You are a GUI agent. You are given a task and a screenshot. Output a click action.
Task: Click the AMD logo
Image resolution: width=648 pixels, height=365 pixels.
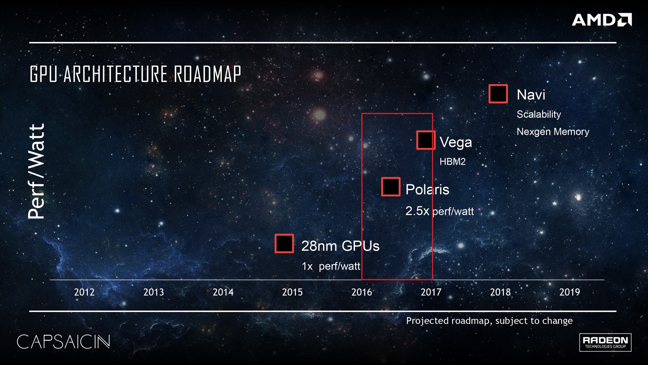(602, 20)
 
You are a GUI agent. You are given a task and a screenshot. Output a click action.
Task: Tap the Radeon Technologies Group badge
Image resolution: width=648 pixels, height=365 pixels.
(605, 342)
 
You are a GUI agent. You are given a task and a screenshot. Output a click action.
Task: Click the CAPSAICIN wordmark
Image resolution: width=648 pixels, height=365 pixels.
(64, 342)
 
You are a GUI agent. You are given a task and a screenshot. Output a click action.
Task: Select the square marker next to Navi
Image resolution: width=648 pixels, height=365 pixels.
(498, 94)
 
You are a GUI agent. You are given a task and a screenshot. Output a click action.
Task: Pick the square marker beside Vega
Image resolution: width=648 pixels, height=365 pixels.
(426, 140)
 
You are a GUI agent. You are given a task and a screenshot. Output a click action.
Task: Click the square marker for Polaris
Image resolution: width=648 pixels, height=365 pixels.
(391, 187)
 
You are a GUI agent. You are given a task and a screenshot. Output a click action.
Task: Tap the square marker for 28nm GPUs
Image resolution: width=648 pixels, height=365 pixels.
(284, 243)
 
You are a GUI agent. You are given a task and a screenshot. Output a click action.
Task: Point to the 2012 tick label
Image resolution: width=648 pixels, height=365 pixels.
(84, 292)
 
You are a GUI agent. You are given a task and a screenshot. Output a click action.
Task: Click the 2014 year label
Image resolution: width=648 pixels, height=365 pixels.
(223, 292)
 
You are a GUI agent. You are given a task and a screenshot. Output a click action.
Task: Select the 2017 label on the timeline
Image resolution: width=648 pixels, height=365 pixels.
(431, 292)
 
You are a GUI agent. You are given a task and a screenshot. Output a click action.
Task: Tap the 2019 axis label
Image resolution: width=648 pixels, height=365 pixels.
(569, 292)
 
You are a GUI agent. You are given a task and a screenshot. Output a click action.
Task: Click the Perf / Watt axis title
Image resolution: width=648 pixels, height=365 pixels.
(37, 171)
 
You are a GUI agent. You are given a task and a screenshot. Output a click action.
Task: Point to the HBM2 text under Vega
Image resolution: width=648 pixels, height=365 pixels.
(452, 162)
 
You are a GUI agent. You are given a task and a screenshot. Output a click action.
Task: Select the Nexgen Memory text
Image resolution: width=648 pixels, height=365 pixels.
(553, 132)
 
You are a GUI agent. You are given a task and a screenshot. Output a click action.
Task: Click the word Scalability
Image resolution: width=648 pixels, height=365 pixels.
(539, 114)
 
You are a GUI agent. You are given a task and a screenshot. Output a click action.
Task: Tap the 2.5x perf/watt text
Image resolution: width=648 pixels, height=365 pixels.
(440, 211)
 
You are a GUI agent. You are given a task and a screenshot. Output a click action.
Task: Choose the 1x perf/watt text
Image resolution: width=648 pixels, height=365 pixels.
(331, 266)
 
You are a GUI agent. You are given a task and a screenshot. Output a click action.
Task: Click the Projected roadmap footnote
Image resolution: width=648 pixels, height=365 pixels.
(489, 321)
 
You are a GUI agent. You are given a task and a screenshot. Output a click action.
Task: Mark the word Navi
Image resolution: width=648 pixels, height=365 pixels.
(531, 95)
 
